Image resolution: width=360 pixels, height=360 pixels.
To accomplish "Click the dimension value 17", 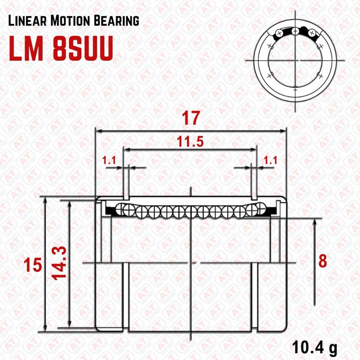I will point(190,119).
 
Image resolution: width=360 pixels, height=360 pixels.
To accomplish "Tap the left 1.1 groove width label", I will point(109,160).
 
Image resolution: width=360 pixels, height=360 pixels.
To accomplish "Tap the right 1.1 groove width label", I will point(270,160).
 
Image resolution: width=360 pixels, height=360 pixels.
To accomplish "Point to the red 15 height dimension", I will point(33,265).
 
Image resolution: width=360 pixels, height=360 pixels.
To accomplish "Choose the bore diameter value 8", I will point(323,261).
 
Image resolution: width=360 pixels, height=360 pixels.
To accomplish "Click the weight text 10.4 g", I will point(315,348).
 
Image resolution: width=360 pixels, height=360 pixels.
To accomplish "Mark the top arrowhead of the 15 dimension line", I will point(45,200).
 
